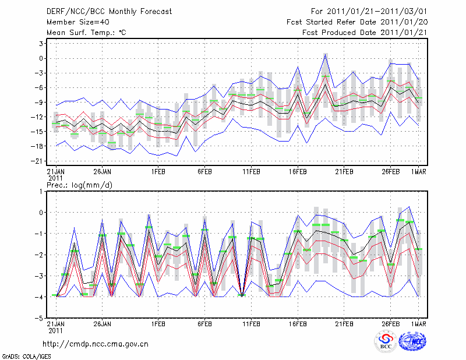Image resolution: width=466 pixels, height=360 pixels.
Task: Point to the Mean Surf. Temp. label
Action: pos(86,33)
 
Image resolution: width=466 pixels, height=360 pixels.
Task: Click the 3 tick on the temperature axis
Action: pos(41,44)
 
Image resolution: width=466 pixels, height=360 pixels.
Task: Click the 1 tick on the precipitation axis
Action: pos(41,191)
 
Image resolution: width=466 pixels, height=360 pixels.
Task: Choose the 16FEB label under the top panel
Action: pos(298,171)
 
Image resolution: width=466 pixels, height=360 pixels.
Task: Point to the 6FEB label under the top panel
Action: pos(204,171)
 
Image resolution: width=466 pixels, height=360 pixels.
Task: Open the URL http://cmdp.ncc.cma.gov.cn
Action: pos(96,344)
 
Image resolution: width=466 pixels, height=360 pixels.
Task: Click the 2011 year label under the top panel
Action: pos(55,177)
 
